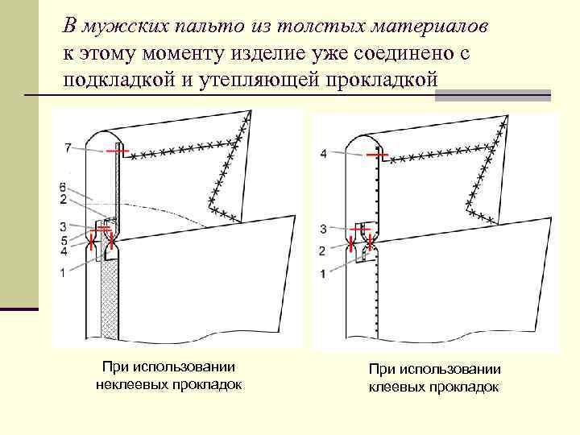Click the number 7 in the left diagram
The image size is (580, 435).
68,147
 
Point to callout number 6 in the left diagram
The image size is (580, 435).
63,187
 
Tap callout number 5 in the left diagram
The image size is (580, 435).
63,240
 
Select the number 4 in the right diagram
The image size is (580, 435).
323,153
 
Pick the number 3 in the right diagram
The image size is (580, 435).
323,229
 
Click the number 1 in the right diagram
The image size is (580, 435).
323,274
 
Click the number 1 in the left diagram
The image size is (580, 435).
63,273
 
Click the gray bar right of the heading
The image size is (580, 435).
492,95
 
